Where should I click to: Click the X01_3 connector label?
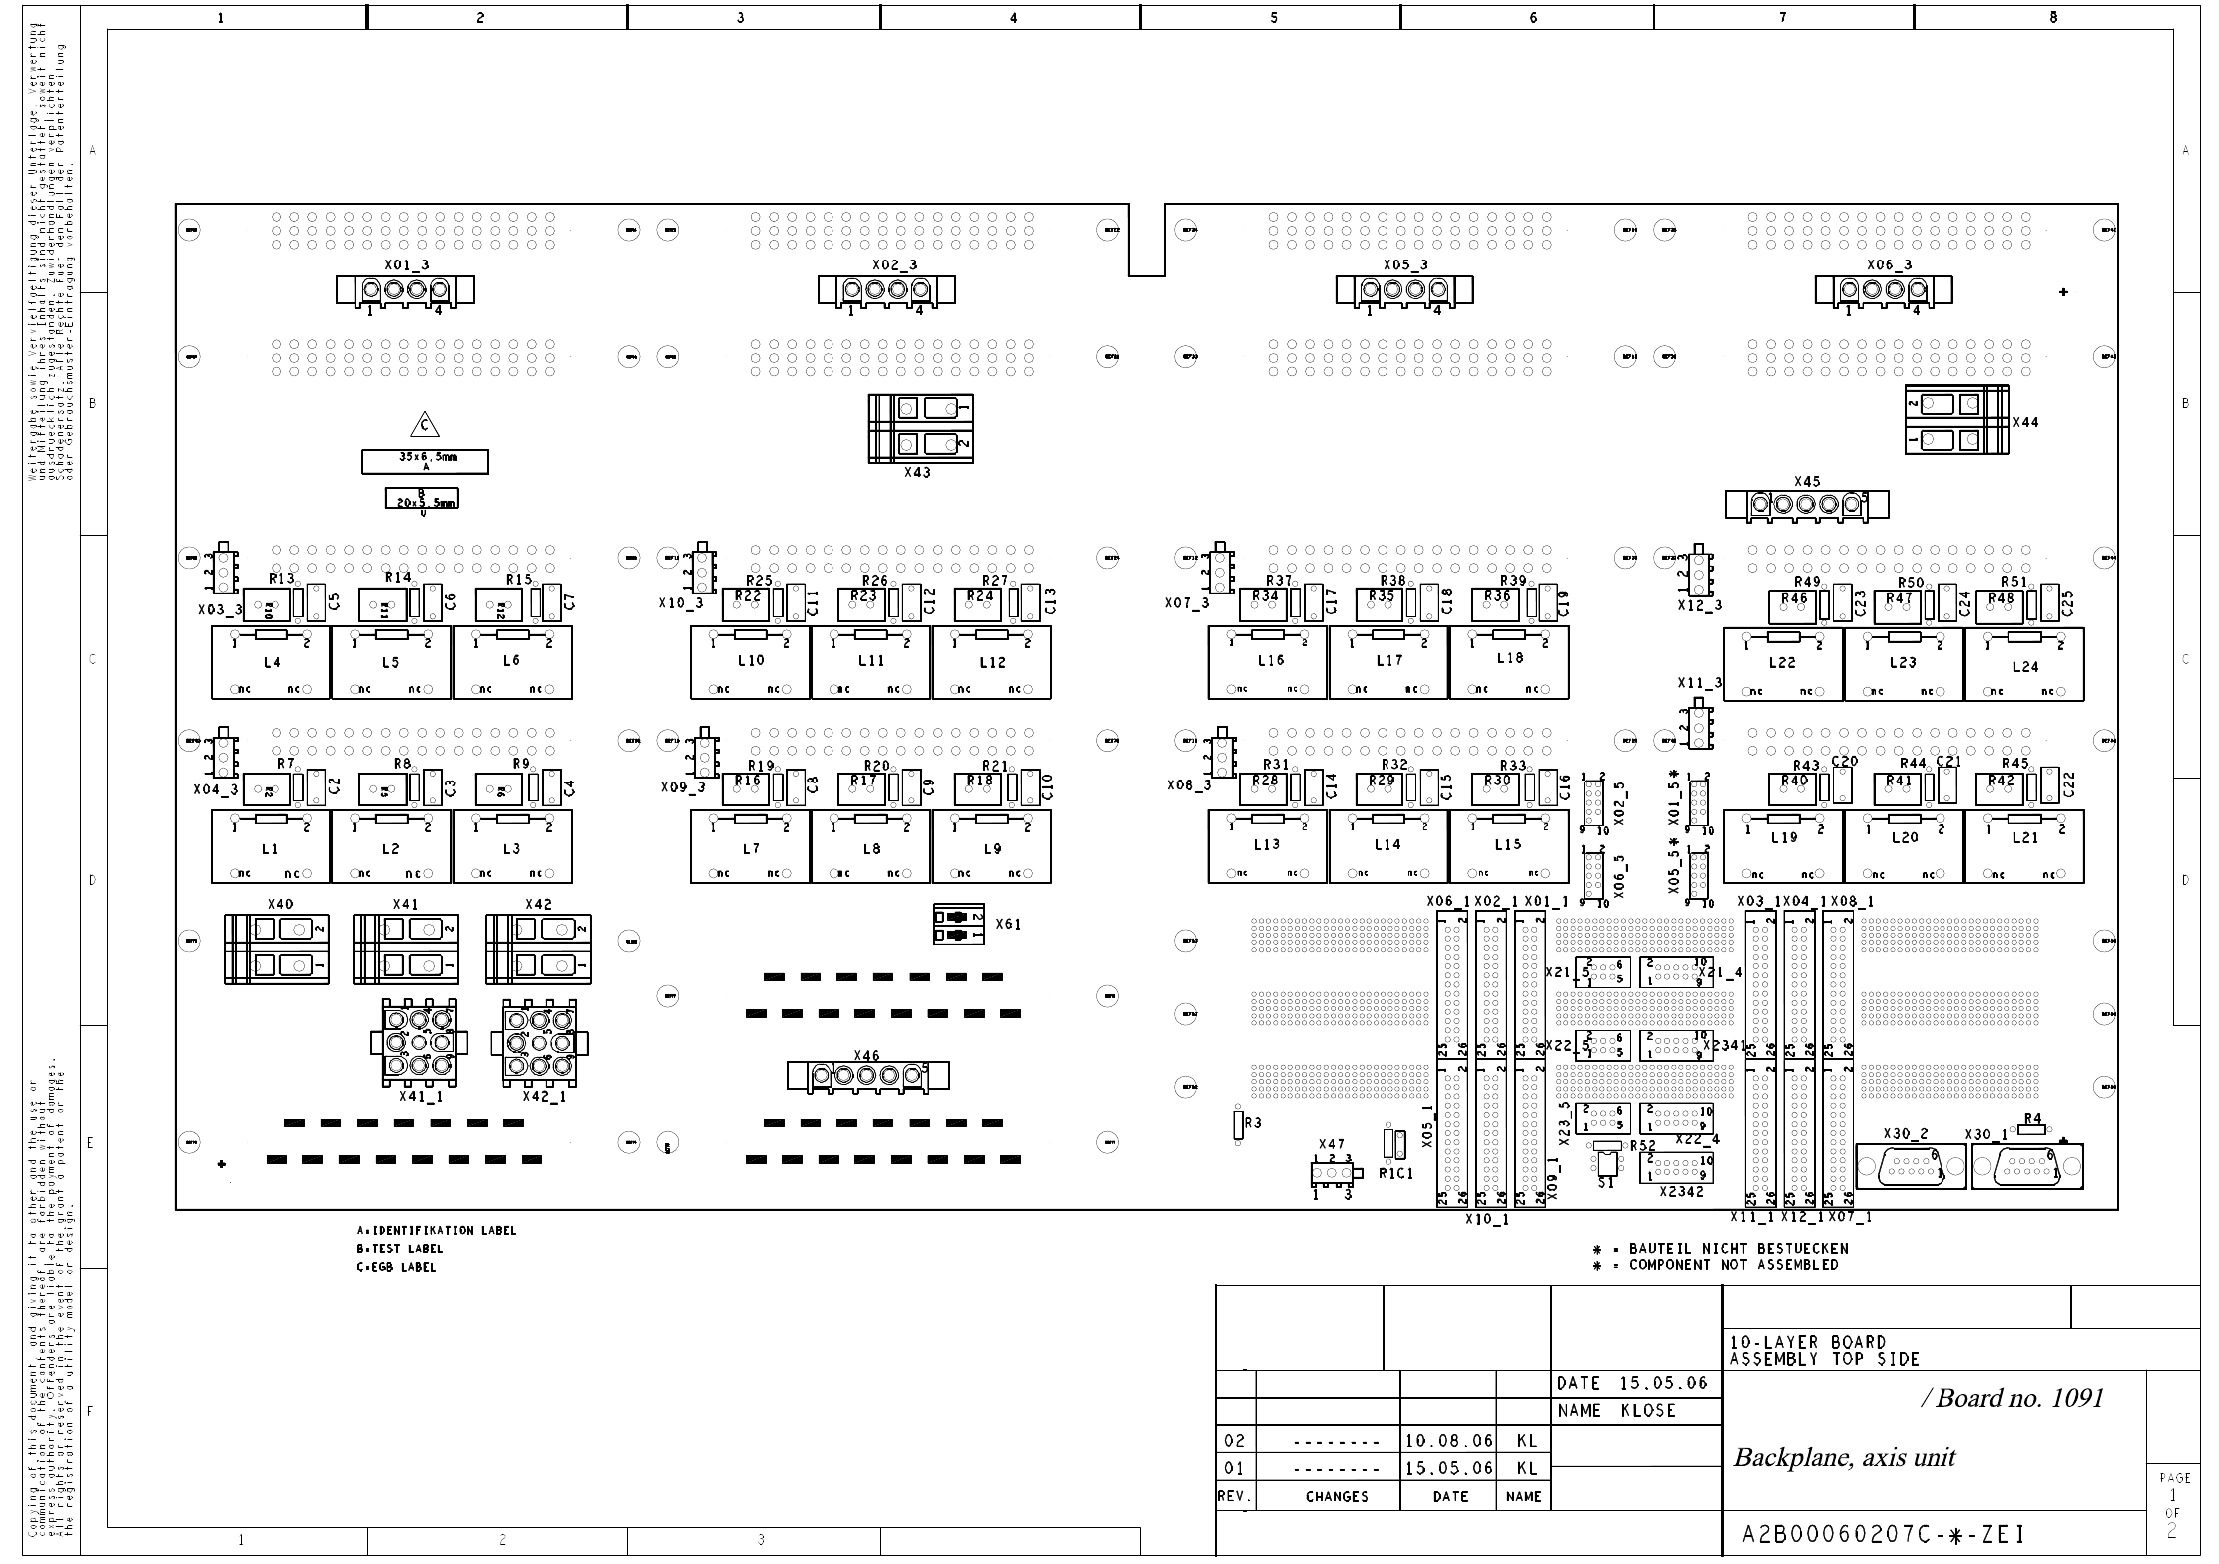pyautogui.click(x=406, y=265)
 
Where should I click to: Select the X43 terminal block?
pyautogui.click(x=920, y=428)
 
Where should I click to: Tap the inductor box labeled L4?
pyautogui.click(x=271, y=663)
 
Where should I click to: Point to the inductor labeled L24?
pyautogui.click(x=2023, y=665)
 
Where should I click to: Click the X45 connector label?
pyautogui.click(x=1807, y=481)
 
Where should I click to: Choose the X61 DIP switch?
pyautogui.click(x=957, y=925)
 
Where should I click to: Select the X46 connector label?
pyautogui.click(x=866, y=1056)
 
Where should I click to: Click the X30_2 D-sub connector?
pyautogui.click(x=1910, y=1166)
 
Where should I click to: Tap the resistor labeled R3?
pyautogui.click(x=1238, y=1125)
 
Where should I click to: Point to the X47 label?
pyautogui.click(x=1331, y=1145)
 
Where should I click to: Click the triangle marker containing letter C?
pyautogui.click(x=425, y=426)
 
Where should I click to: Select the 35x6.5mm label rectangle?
pyautogui.click(x=425, y=461)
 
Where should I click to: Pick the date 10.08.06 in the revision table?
pyautogui.click(x=1449, y=1441)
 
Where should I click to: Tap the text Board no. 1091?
pyautogui.click(x=2018, y=1398)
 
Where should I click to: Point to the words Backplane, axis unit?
pyautogui.click(x=1844, y=1458)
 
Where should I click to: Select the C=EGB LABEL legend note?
pyautogui.click(x=396, y=1268)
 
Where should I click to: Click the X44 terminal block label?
pyautogui.click(x=2025, y=422)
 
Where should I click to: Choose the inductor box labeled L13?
pyautogui.click(x=1267, y=846)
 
